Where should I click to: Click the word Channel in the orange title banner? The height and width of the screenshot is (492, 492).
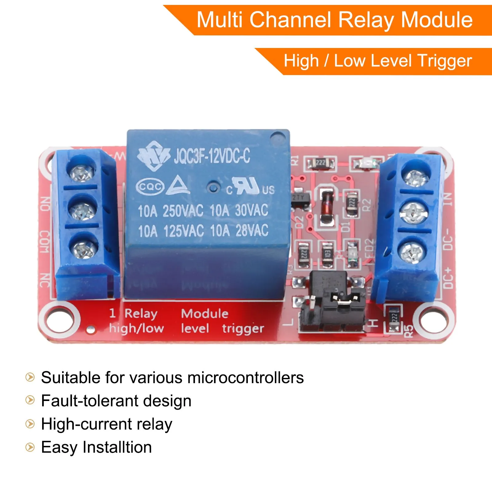(x=291, y=20)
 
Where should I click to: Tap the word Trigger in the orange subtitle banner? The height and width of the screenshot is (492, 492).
(x=445, y=61)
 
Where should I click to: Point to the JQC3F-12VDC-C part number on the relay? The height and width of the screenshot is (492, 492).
(x=212, y=156)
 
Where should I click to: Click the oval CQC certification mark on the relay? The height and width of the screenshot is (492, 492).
(x=150, y=187)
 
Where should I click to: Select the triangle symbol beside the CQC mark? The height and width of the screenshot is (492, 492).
(x=178, y=185)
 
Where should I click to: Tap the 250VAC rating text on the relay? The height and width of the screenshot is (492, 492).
(x=183, y=211)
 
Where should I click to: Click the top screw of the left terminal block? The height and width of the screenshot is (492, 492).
(x=81, y=172)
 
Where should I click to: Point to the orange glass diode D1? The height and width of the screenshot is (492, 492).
(x=327, y=204)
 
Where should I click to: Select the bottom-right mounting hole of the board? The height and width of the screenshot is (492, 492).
(x=434, y=320)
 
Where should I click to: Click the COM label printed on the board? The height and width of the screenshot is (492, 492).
(x=45, y=242)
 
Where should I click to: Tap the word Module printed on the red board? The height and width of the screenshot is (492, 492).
(x=204, y=314)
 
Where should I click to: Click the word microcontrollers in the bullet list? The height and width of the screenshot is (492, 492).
(x=245, y=378)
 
